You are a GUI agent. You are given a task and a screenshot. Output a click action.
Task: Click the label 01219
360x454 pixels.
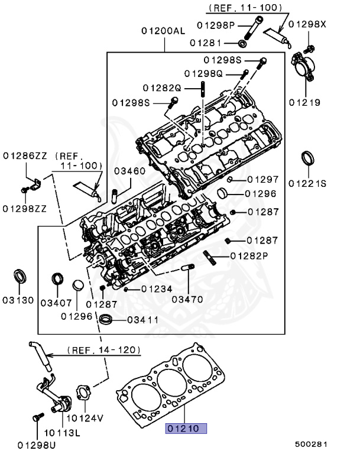pyautogui.click(x=304, y=102)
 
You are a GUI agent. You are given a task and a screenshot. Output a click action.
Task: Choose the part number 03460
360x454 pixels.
pyautogui.click(x=130, y=171)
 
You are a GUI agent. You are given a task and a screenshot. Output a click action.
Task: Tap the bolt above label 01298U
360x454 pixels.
pyautogui.click(x=36, y=418)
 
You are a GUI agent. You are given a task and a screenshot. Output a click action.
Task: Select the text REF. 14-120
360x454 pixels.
pyautogui.click(x=104, y=350)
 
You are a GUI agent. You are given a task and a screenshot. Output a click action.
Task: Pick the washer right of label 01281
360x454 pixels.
pyautogui.click(x=242, y=43)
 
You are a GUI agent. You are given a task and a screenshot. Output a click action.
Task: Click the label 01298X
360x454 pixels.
pyautogui.click(x=310, y=24)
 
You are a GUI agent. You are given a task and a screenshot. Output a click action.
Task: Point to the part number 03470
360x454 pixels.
pyautogui.click(x=189, y=298)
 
